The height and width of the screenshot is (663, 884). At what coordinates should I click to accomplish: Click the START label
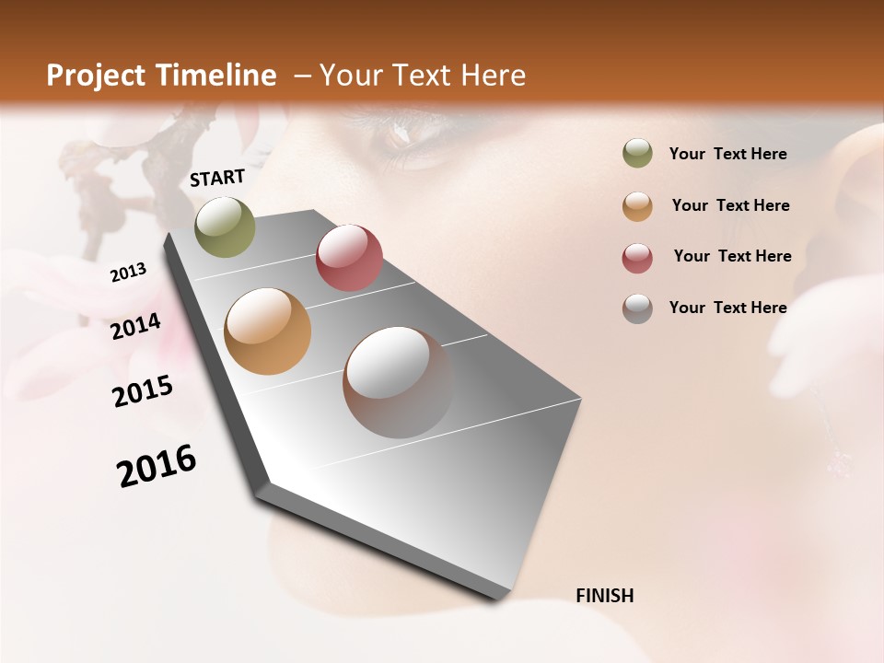(x=217, y=178)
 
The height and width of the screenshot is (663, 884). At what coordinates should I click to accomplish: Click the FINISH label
(x=605, y=596)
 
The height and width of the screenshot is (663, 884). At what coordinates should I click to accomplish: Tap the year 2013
(x=128, y=273)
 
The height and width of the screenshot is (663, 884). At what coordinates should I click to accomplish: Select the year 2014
(x=135, y=327)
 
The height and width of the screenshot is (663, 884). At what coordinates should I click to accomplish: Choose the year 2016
(x=157, y=466)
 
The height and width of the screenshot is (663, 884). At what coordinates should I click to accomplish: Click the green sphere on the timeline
(x=225, y=227)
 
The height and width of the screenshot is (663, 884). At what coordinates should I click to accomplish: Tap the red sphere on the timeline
(x=349, y=258)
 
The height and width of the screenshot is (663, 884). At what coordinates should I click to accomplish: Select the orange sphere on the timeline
(x=267, y=331)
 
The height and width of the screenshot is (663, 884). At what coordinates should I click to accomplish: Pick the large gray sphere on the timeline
(x=398, y=382)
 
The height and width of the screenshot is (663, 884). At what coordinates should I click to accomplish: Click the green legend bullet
(x=637, y=154)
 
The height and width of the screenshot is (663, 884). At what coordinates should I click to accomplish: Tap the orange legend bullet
(x=637, y=205)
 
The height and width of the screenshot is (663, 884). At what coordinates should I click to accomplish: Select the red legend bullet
(x=637, y=257)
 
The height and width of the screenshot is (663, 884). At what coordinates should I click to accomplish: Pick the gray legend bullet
(x=637, y=308)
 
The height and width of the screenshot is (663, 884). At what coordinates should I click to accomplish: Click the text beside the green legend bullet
(x=727, y=154)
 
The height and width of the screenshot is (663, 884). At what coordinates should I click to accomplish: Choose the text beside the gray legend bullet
(x=727, y=308)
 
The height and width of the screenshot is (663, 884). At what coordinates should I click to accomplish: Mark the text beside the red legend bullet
(x=732, y=256)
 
